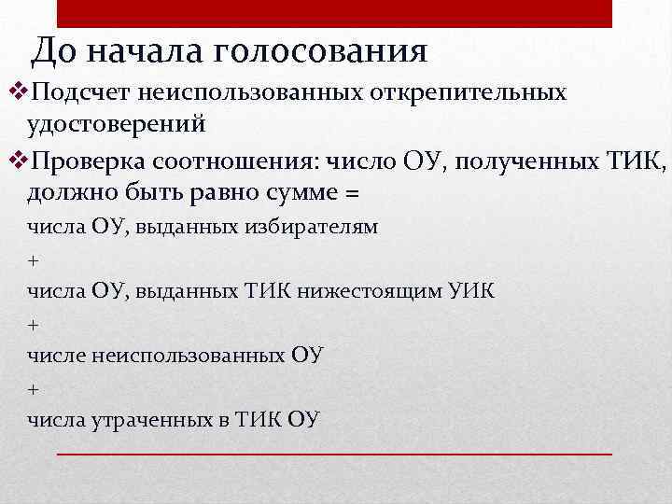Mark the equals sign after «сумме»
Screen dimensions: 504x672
[352, 194]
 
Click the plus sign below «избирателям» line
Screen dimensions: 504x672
[33, 259]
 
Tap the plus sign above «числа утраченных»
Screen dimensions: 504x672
[33, 388]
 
